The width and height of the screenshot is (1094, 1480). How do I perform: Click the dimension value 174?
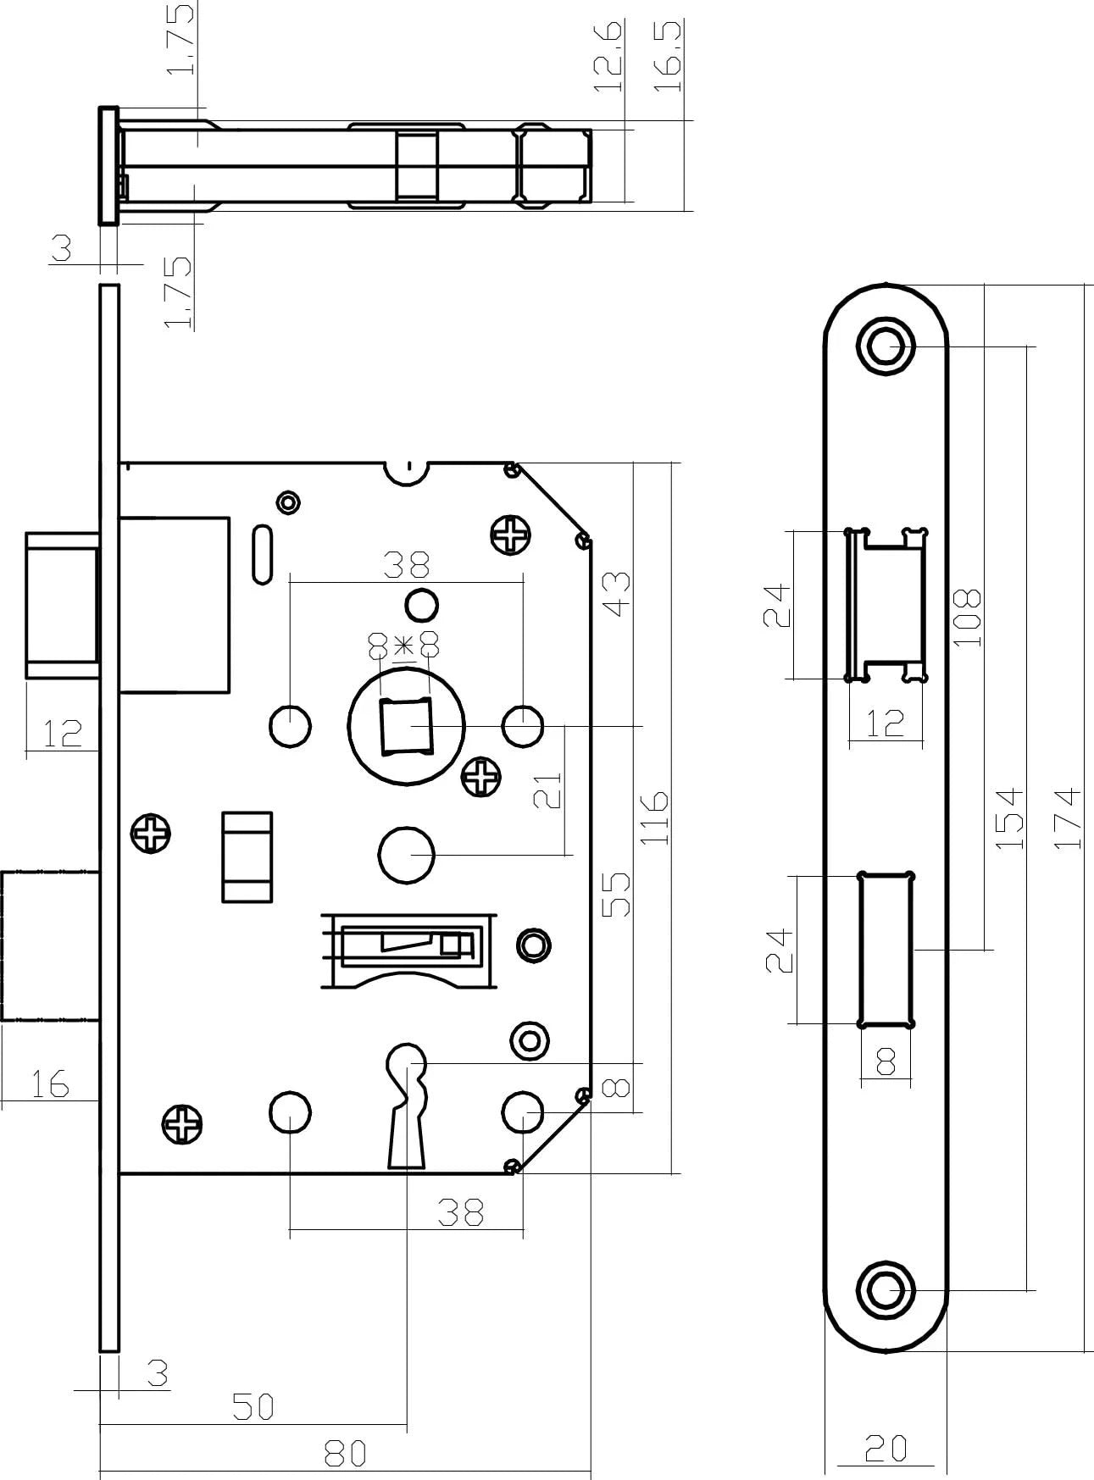coord(1069,818)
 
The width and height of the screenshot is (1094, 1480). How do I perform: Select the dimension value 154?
coord(1008,818)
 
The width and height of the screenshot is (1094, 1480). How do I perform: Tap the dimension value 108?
coord(967,618)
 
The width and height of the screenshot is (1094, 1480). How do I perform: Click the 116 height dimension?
coord(654,818)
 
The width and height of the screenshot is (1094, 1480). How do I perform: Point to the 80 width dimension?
coord(346,1453)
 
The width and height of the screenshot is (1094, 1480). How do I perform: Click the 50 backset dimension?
coord(253,1407)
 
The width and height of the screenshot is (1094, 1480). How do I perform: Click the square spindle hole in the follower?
coord(406,727)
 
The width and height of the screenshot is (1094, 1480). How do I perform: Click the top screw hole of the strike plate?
coord(886,346)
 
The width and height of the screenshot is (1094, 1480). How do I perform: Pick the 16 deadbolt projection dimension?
coord(49,1084)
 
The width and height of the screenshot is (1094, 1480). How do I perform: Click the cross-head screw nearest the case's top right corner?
coord(513,535)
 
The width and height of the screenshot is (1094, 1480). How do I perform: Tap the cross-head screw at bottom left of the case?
coord(183,1125)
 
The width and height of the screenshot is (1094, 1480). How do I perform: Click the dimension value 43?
coord(616,595)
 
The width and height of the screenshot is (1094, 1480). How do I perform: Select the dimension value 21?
coord(551,790)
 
